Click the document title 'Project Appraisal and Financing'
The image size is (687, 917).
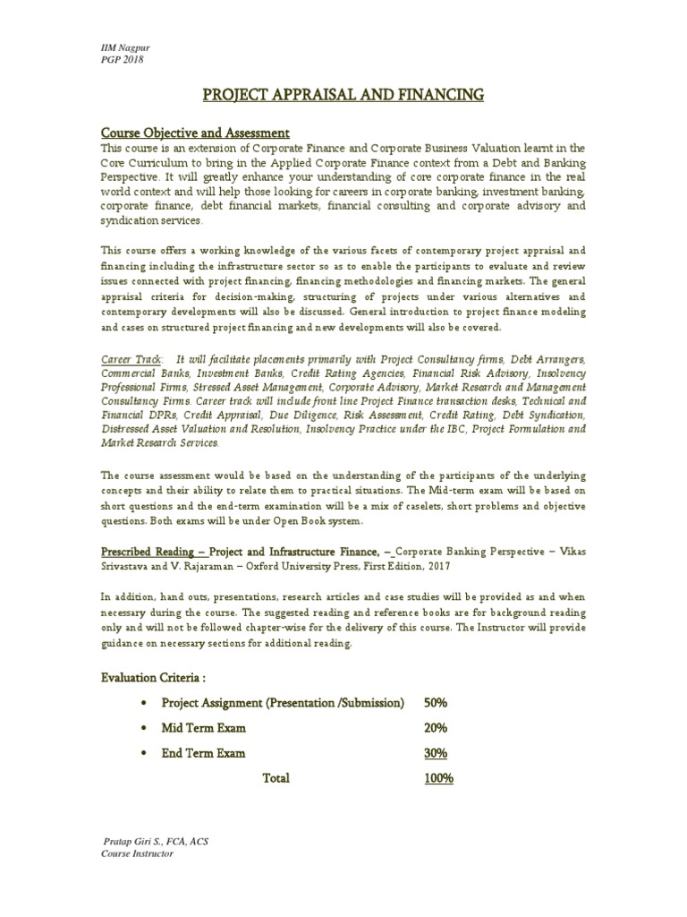pos(343,94)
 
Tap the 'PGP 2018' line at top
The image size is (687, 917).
pos(121,59)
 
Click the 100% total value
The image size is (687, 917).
pos(439,778)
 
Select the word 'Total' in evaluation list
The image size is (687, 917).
pos(276,778)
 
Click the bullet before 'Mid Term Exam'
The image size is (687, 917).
pos(144,728)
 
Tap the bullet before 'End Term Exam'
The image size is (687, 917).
pos(144,754)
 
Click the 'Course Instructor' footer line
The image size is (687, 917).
pos(137,854)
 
